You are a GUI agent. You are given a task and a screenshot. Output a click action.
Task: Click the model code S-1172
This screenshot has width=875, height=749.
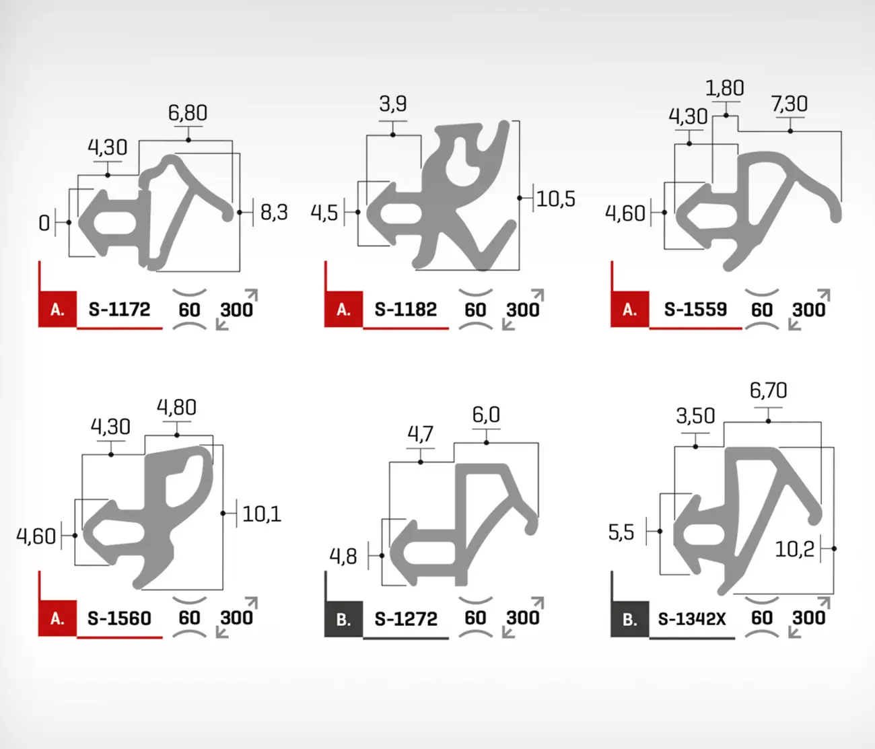click(x=119, y=310)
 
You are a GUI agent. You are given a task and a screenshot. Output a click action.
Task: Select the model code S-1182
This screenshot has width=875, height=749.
click(x=406, y=310)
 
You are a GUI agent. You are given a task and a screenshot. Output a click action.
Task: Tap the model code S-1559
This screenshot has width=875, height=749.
click(x=695, y=310)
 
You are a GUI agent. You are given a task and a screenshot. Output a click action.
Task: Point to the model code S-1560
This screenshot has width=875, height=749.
click(x=119, y=618)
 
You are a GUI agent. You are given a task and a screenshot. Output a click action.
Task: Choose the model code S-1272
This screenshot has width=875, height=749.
click(x=406, y=619)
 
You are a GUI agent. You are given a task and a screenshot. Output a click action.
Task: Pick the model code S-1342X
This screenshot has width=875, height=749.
click(x=692, y=619)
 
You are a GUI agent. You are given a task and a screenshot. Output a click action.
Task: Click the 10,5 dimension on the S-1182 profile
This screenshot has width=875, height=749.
click(x=556, y=199)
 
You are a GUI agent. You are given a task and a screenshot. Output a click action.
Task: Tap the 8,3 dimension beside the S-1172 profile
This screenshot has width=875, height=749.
click(x=275, y=212)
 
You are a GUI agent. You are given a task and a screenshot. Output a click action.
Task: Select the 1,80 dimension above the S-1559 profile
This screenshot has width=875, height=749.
click(x=725, y=88)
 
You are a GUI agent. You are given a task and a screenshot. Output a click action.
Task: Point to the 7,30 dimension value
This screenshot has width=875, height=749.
click(x=790, y=104)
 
